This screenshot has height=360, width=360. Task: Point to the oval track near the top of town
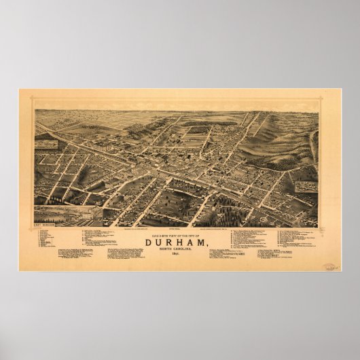click(197, 129)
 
